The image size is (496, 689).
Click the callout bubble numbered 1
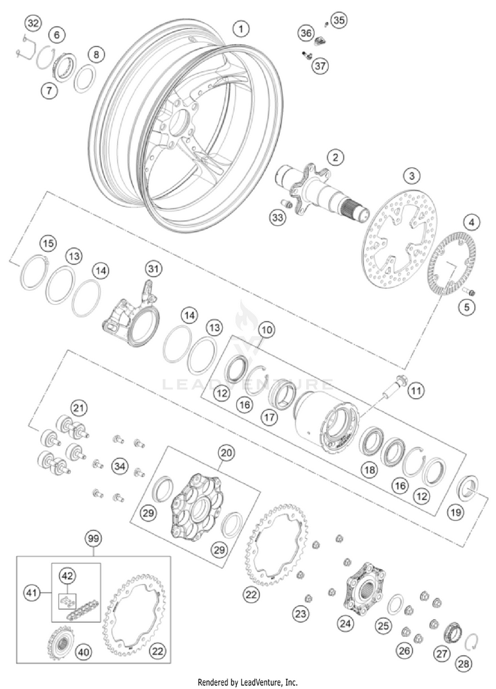(x=242, y=29)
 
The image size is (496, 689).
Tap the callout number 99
(x=93, y=539)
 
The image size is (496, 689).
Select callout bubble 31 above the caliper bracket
(x=153, y=268)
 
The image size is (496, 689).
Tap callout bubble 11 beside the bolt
(x=415, y=391)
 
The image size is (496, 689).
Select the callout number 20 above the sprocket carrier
(x=226, y=454)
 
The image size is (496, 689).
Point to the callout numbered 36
(x=306, y=33)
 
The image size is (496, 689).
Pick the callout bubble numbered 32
(x=32, y=24)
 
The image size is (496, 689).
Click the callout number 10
(x=267, y=329)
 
